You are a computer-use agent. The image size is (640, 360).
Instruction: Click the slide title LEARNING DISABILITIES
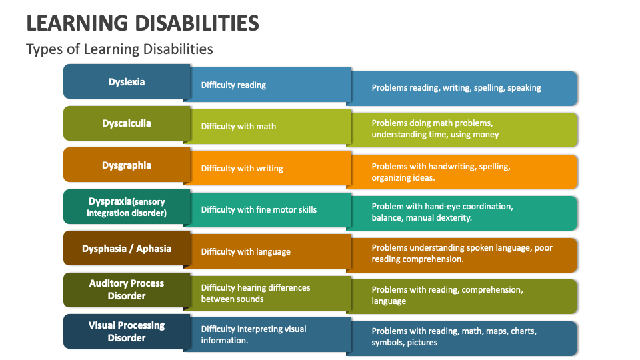click(x=142, y=23)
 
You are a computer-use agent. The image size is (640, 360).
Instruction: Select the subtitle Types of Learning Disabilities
click(x=119, y=49)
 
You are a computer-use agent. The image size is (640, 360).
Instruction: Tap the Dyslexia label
click(x=127, y=82)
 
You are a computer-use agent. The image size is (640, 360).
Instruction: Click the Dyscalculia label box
click(x=127, y=123)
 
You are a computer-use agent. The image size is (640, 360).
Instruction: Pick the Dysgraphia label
click(x=127, y=165)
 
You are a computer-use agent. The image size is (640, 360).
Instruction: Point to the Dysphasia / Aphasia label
click(x=127, y=249)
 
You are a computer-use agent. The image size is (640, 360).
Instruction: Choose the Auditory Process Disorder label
click(x=127, y=289)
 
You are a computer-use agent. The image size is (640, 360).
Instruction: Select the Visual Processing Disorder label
click(x=127, y=331)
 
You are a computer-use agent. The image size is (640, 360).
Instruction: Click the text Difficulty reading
click(x=233, y=85)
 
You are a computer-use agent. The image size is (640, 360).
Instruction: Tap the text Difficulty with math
click(x=238, y=126)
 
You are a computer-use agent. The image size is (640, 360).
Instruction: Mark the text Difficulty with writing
click(x=242, y=168)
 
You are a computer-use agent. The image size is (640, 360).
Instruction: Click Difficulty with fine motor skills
click(x=259, y=209)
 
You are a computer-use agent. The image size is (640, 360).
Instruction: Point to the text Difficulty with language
click(x=245, y=251)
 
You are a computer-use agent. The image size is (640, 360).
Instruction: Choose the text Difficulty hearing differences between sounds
click(x=255, y=293)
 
